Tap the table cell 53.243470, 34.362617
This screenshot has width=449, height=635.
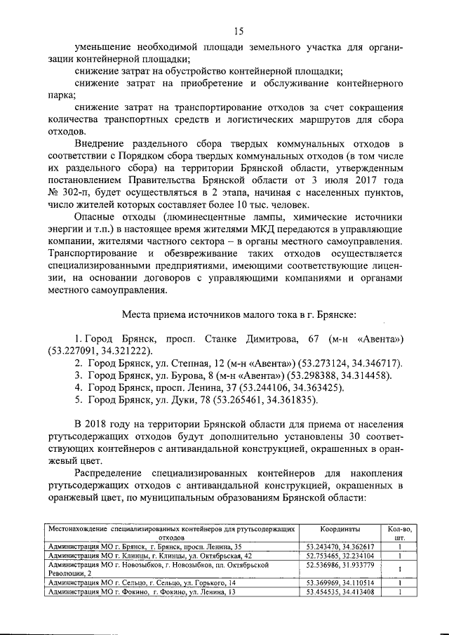340,545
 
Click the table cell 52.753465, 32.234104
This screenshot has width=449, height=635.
340,554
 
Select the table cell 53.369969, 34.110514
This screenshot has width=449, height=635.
340,582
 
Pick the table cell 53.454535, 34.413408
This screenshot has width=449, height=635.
340,592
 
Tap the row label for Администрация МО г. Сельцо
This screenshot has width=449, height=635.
141,582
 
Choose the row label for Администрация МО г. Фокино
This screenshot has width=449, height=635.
140,592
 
